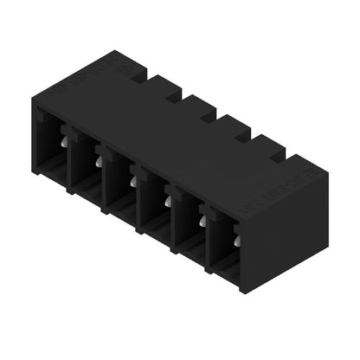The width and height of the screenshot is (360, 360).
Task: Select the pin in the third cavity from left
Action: (x=134, y=180)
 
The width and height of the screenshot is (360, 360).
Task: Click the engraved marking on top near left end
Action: (x=91, y=80)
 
